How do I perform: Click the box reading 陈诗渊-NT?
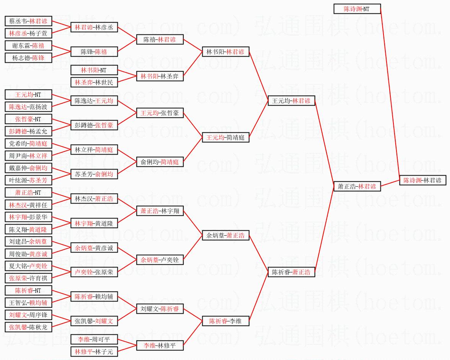[x=357, y=9]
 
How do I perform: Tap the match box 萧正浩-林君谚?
[x=357, y=186]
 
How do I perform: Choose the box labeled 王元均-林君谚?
[x=291, y=101]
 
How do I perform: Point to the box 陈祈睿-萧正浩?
[x=291, y=272]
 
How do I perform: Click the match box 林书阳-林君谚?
[x=226, y=52]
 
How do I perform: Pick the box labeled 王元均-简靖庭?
[x=226, y=137]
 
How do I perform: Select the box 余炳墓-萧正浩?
[x=226, y=235]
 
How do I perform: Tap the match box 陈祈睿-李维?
[x=226, y=321]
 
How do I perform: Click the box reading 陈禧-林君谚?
[x=160, y=39]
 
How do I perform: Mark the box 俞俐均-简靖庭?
[x=160, y=162]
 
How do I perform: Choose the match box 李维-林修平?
[x=160, y=345]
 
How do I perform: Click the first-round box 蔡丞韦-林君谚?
[x=28, y=21]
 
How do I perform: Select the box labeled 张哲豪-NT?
[x=28, y=119]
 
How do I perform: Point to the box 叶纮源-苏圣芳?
[x=28, y=180]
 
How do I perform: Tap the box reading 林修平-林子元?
[x=94, y=352]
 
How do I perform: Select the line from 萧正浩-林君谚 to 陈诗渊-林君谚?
[x=390, y=183]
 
